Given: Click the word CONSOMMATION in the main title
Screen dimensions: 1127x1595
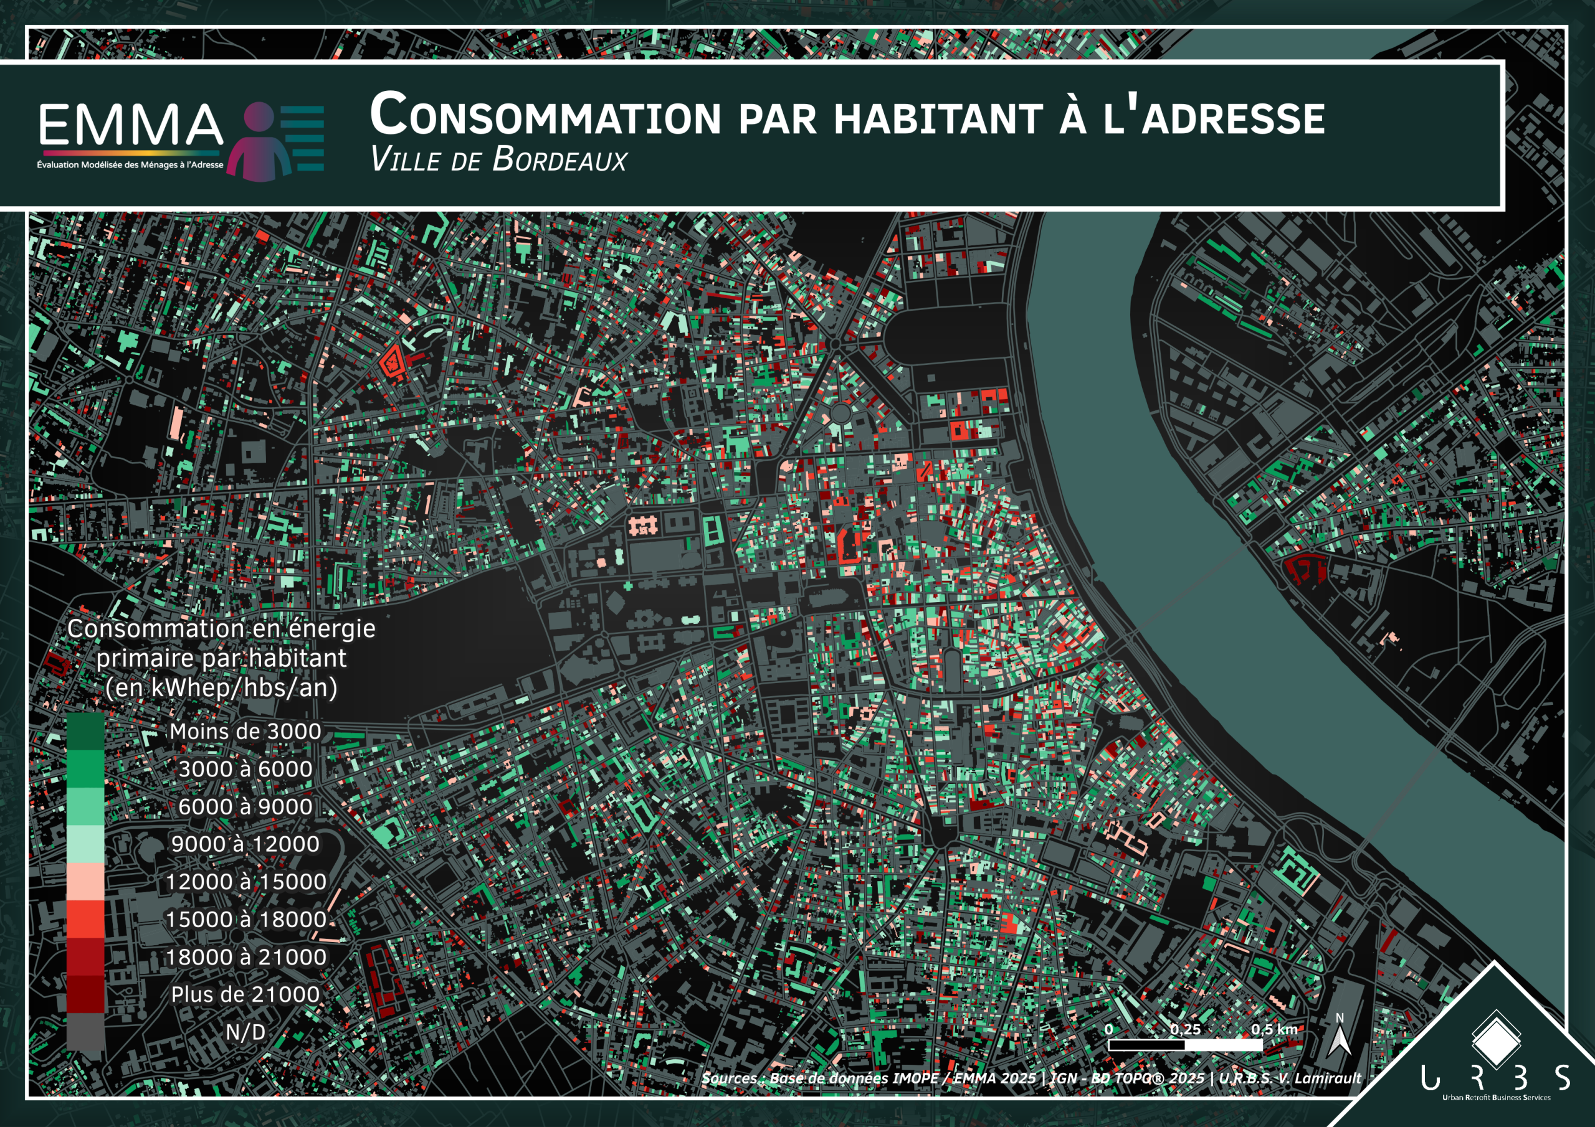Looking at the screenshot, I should coord(545,116).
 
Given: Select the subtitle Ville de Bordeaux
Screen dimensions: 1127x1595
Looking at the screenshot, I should coord(498,160).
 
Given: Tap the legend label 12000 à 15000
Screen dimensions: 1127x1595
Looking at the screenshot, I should coord(245,881).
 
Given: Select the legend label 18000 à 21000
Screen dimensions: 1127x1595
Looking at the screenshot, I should coord(245,957).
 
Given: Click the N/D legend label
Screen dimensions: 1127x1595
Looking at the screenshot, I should coord(245,1032).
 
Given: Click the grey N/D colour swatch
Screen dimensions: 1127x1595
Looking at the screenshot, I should coord(85,1032).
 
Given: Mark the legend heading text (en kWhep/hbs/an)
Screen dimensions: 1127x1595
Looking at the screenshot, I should coord(221,687).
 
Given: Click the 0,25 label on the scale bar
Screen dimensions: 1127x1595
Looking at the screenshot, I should coord(1184,1029).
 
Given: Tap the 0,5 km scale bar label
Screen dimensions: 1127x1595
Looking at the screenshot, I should coord(1274,1029).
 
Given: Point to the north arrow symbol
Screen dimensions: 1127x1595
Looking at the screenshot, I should coord(1340,1038).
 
